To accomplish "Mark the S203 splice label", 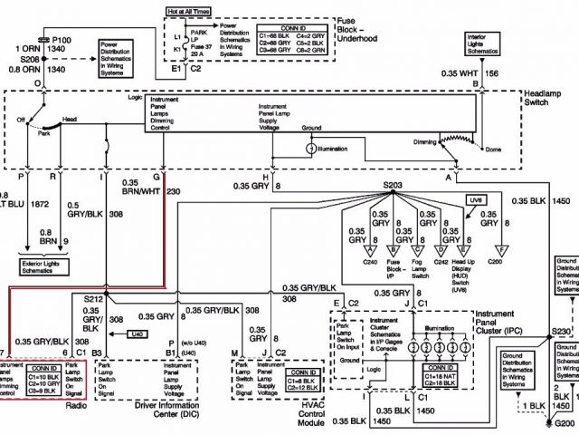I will (393, 185).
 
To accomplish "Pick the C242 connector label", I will (441, 261).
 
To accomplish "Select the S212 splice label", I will (93, 298).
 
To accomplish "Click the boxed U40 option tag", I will (138, 333).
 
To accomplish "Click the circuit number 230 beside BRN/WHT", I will (174, 191).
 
